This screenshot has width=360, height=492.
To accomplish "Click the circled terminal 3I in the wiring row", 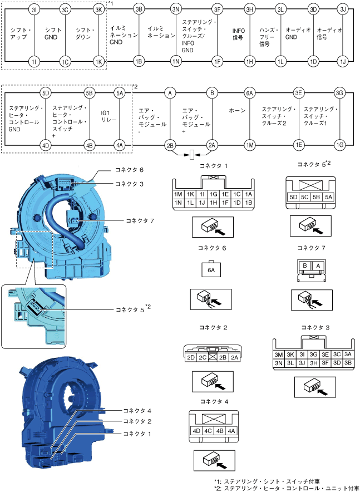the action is pyautogui.click(x=34, y=9).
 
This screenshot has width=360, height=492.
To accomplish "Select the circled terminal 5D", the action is pyautogui.click(x=46, y=92).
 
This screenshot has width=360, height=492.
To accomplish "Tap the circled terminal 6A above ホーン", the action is pyautogui.click(x=250, y=92).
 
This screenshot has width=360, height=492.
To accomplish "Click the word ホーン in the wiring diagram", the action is pyautogui.click(x=237, y=111).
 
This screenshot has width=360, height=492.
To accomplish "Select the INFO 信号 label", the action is pyautogui.click(x=238, y=35).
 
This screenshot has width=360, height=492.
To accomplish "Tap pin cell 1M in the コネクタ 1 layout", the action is pyautogui.click(x=179, y=194).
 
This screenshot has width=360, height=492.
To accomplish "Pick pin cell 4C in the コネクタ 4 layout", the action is pyautogui.click(x=208, y=430).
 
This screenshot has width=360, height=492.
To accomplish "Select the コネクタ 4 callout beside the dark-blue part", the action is pyautogui.click(x=136, y=411).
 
